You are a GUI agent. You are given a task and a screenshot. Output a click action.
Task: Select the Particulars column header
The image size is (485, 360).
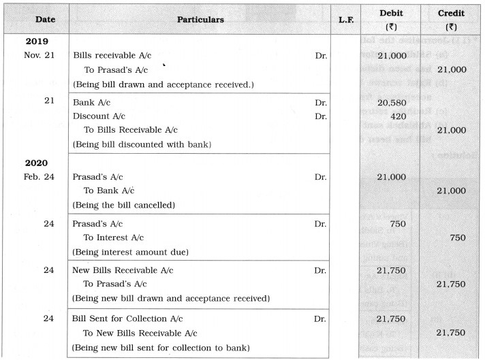click(200, 20)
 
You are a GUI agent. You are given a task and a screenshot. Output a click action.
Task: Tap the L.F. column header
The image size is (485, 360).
click(346, 20)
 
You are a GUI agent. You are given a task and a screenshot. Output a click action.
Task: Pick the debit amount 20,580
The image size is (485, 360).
click(392, 103)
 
